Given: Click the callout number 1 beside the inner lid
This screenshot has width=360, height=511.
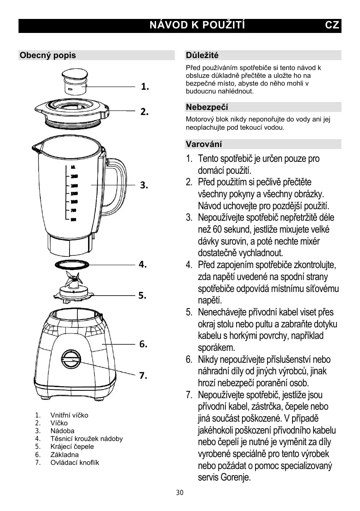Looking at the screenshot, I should pyautogui.click(x=145, y=87).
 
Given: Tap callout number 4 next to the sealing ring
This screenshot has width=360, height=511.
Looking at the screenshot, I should pyautogui.click(x=143, y=264).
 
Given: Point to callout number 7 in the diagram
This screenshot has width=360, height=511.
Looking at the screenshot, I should pyautogui.click(x=143, y=375).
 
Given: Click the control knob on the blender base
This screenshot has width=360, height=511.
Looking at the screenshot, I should pyautogui.click(x=72, y=359).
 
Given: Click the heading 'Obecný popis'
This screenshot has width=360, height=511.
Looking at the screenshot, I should pyautogui.click(x=48, y=55).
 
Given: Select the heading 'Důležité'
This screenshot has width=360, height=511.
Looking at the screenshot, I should pyautogui.click(x=202, y=55).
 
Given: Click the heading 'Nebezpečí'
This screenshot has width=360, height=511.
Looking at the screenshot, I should pyautogui.click(x=207, y=107).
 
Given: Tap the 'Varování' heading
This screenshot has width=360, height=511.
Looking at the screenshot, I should pyautogui.click(x=204, y=144).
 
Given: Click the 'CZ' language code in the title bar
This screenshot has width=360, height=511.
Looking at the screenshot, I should pyautogui.click(x=332, y=25).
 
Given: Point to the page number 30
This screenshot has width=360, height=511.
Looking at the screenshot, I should pyautogui.click(x=179, y=493).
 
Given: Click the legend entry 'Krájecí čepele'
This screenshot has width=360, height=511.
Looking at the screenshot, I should pyautogui.click(x=72, y=447).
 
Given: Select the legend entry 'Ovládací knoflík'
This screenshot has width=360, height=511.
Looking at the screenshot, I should pyautogui.click(x=74, y=462).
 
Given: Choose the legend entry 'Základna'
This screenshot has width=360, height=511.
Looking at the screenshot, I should pyautogui.click(x=65, y=455).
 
